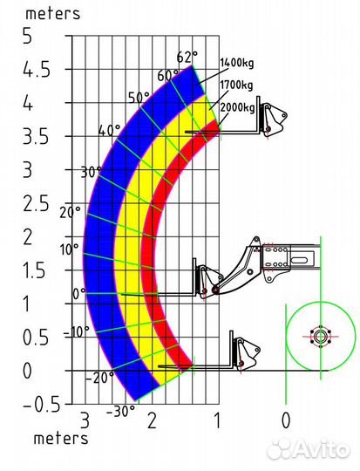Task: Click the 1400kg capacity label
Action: [x=237, y=64]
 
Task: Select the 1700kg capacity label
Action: [x=236, y=85]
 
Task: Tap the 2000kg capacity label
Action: [x=237, y=107]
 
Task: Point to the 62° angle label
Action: [x=187, y=57]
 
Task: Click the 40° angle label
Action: [x=109, y=131]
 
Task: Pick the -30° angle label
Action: [x=120, y=412]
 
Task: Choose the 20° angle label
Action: [x=71, y=213]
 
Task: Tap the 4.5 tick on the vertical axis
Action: [x=37, y=71]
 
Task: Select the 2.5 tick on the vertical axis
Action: [x=36, y=205]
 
